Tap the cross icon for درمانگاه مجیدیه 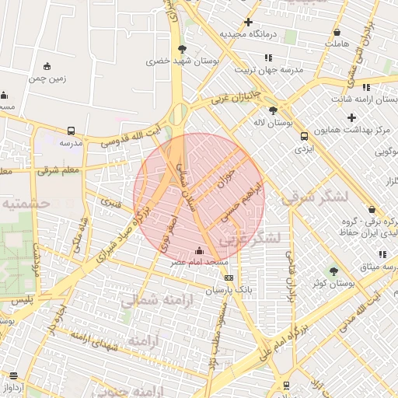(248, 23)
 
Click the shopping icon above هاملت (337, 33)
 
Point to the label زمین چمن (47, 78)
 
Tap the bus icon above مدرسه (72, 131)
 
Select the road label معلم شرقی (61, 169)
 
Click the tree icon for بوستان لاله (272, 110)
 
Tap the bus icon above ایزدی (304, 136)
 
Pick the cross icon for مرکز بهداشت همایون (351, 117)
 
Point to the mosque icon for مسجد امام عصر (200, 250)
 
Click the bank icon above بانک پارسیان (228, 278)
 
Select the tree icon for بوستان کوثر (333, 271)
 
